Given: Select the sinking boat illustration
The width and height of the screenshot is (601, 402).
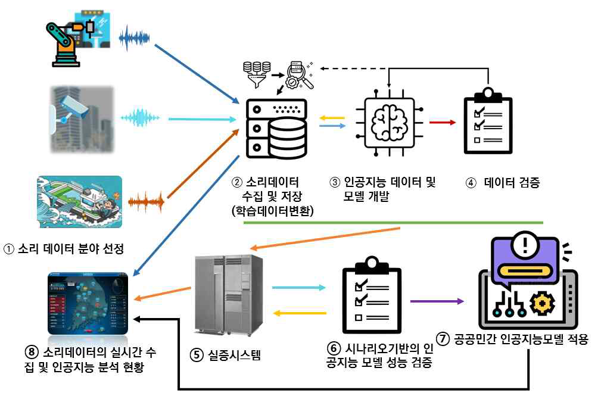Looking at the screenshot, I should point(79,202).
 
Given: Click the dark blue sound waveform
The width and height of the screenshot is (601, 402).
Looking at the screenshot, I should point(135,39).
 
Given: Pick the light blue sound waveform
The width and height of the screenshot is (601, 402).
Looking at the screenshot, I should point(141,119).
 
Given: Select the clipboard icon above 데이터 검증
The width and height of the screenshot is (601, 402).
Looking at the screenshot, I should point(487,121).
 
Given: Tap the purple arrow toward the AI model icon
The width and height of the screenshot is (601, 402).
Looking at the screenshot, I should point(437,301).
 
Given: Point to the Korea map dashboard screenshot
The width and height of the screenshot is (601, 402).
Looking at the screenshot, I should point(88,303).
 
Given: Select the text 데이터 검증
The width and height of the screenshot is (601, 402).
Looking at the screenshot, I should point(512,183).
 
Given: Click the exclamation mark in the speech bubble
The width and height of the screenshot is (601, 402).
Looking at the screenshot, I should point(525,246).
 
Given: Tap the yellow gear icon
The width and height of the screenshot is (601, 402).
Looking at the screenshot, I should point(541,303).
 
